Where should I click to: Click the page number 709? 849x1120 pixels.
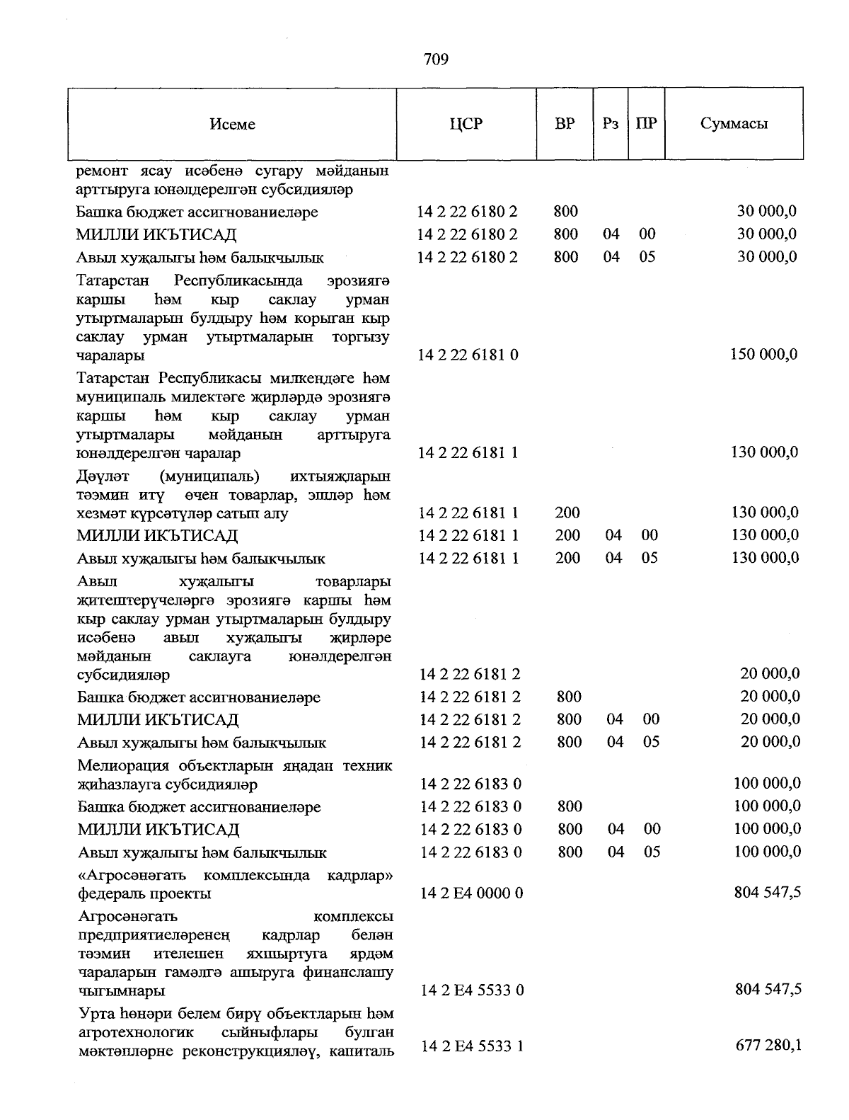pyautogui.click(x=437, y=59)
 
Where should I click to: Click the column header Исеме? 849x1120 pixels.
pyautogui.click(x=232, y=124)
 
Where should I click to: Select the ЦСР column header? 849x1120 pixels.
pyautogui.click(x=466, y=124)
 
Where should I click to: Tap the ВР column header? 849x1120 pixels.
pyautogui.click(x=565, y=123)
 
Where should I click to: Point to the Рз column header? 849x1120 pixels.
pyautogui.click(x=611, y=123)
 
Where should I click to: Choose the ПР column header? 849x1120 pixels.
pyautogui.click(x=646, y=123)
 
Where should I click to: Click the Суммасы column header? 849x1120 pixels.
pyautogui.click(x=734, y=123)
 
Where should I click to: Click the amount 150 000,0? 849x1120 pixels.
pyautogui.click(x=763, y=354)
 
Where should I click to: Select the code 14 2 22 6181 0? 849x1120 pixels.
pyautogui.click(x=468, y=355)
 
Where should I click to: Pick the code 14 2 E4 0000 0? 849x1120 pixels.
pyautogui.click(x=471, y=893)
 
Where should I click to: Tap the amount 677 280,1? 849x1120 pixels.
pyautogui.click(x=768, y=1045)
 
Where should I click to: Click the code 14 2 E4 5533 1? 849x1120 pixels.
pyautogui.click(x=472, y=1046)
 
